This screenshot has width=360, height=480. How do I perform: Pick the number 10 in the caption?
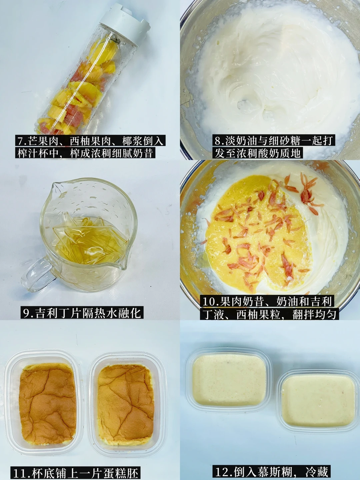pyautogui.click(x=208, y=302)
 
